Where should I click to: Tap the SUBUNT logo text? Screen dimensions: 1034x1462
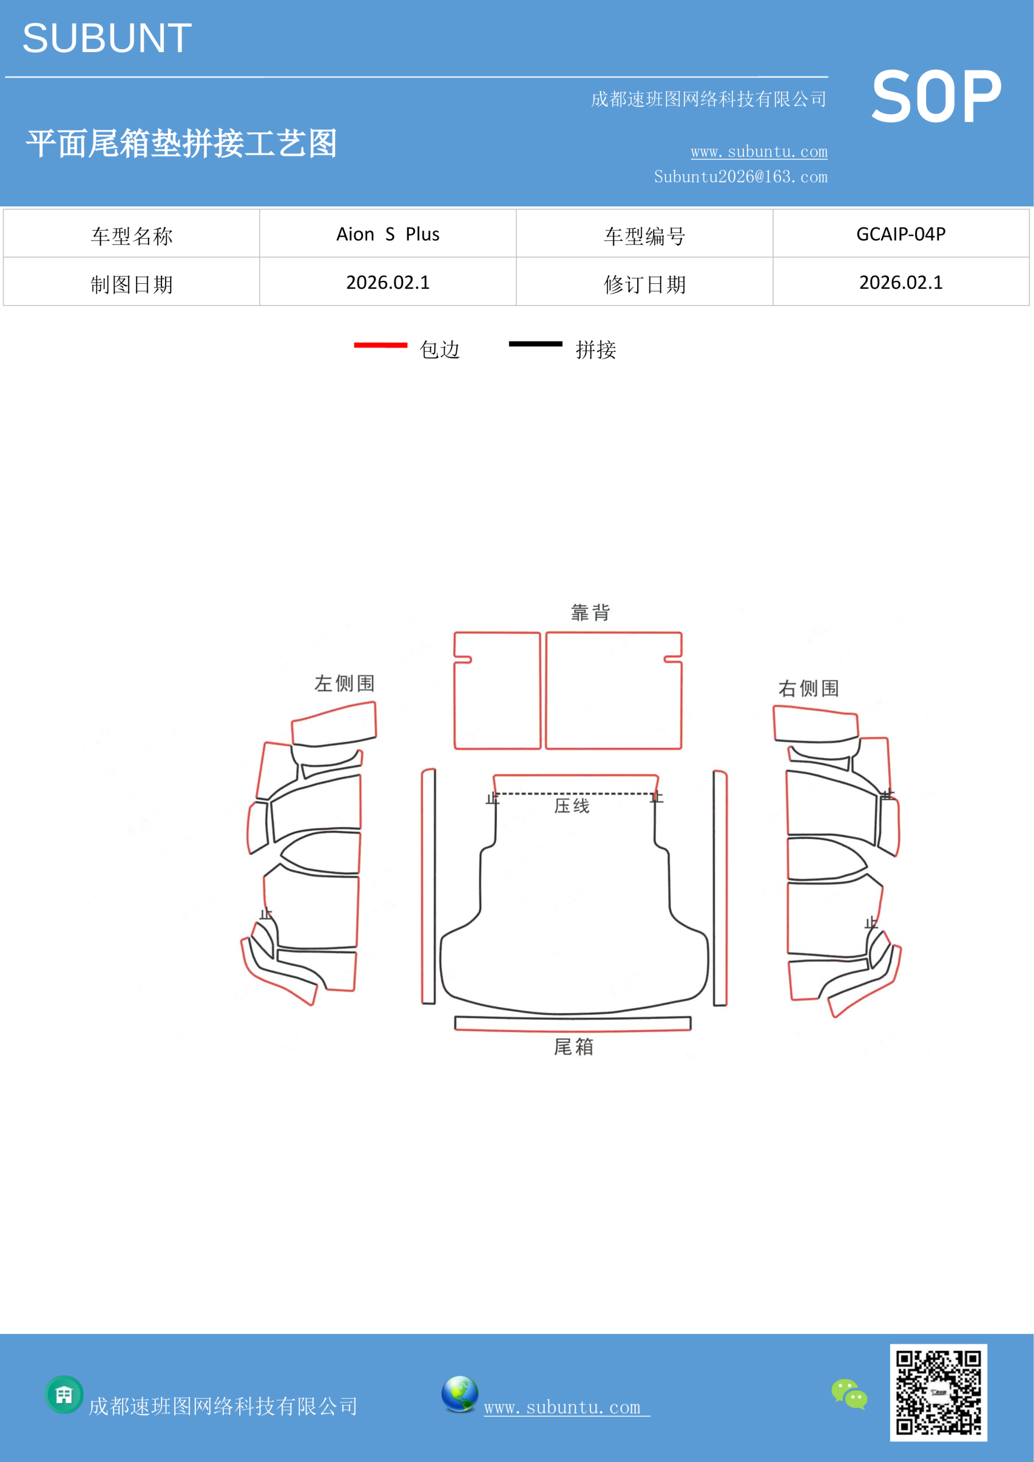107,38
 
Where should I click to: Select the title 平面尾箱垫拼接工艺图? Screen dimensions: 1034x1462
182,143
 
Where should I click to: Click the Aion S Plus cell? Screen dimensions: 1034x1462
388,234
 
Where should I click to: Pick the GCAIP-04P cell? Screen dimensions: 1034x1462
901,234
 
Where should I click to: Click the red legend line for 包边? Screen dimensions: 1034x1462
381,345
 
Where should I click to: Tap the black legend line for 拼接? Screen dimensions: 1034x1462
536,344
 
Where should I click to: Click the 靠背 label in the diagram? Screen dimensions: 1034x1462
591,613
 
